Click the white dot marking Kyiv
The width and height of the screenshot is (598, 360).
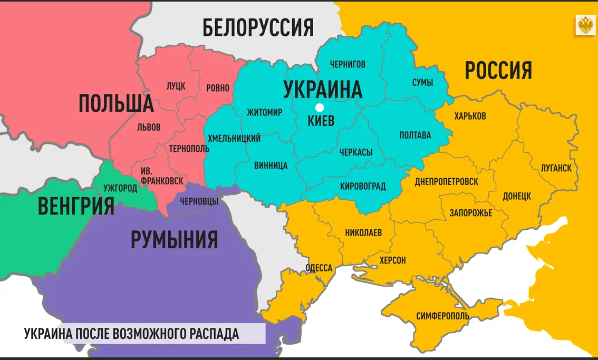[x=319, y=108]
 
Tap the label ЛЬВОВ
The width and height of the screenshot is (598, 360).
[x=149, y=127]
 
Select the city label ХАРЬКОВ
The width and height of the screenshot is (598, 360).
[x=470, y=115]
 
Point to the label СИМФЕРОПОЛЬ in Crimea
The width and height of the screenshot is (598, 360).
[x=442, y=316]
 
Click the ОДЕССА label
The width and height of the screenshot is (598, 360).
[x=319, y=268]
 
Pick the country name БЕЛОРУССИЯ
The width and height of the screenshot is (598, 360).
[x=258, y=27]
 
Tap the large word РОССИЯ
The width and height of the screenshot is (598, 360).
[x=498, y=70]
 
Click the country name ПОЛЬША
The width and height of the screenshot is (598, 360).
[x=116, y=103]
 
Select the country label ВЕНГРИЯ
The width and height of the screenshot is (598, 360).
[x=76, y=206]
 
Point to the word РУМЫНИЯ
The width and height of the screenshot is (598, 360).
[x=174, y=240]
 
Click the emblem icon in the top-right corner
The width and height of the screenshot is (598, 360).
[x=585, y=25]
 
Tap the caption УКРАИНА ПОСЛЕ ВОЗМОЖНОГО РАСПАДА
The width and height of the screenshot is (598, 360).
[x=131, y=334]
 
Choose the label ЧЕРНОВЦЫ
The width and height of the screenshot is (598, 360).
[x=199, y=201]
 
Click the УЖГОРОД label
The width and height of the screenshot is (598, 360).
[x=120, y=188]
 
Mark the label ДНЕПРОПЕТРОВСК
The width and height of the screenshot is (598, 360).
[x=446, y=181]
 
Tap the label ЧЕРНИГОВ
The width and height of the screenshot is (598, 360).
[x=348, y=64]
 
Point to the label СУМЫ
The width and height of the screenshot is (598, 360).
[x=422, y=83]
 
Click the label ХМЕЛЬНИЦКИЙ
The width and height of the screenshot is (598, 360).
[x=234, y=139]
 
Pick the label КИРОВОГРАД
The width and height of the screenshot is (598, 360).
[x=363, y=186]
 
